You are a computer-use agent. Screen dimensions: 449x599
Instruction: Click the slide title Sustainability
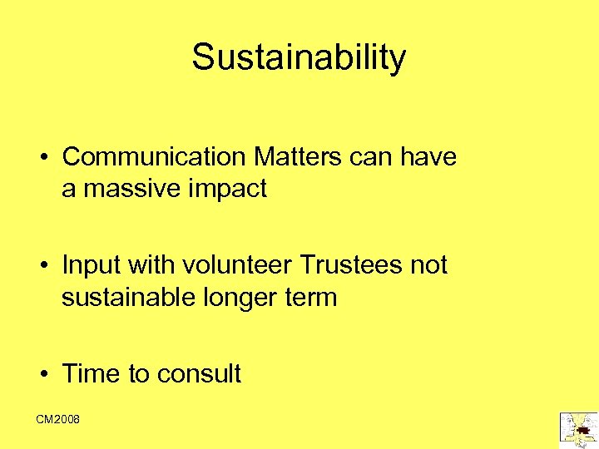point(299,57)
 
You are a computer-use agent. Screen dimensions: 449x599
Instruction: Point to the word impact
point(229,190)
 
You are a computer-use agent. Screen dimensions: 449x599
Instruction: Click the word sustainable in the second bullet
point(127,298)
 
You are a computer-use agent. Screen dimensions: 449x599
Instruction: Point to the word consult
point(199,374)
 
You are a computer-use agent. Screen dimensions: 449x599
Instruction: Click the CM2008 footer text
point(58,420)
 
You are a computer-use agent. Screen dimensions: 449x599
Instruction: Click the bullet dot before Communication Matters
point(40,157)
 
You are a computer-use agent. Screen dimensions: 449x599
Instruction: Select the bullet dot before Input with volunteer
point(40,266)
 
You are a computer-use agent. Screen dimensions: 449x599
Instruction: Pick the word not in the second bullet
point(428,265)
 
